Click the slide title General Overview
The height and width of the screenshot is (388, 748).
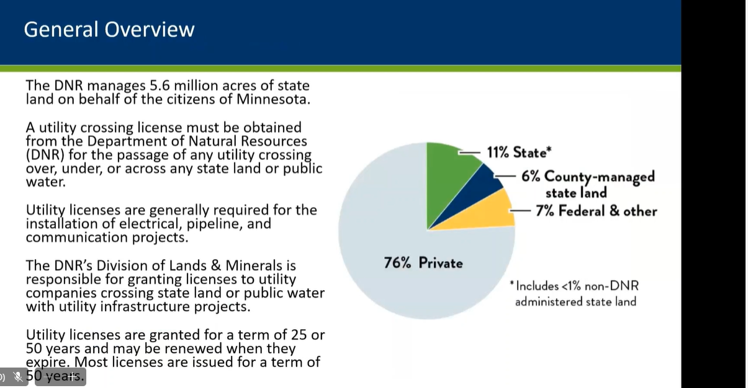[109, 29]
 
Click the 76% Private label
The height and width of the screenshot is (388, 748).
[423, 263]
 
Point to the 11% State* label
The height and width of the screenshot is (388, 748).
[520, 152]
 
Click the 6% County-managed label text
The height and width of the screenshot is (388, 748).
[588, 184]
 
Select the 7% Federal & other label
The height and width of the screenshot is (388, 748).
[597, 211]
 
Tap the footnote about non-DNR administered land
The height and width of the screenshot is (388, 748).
[574, 294]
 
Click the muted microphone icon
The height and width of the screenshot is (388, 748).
[18, 377]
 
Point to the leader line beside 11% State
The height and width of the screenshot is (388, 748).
[469, 152]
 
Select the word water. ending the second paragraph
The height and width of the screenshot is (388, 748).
[46, 182]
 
